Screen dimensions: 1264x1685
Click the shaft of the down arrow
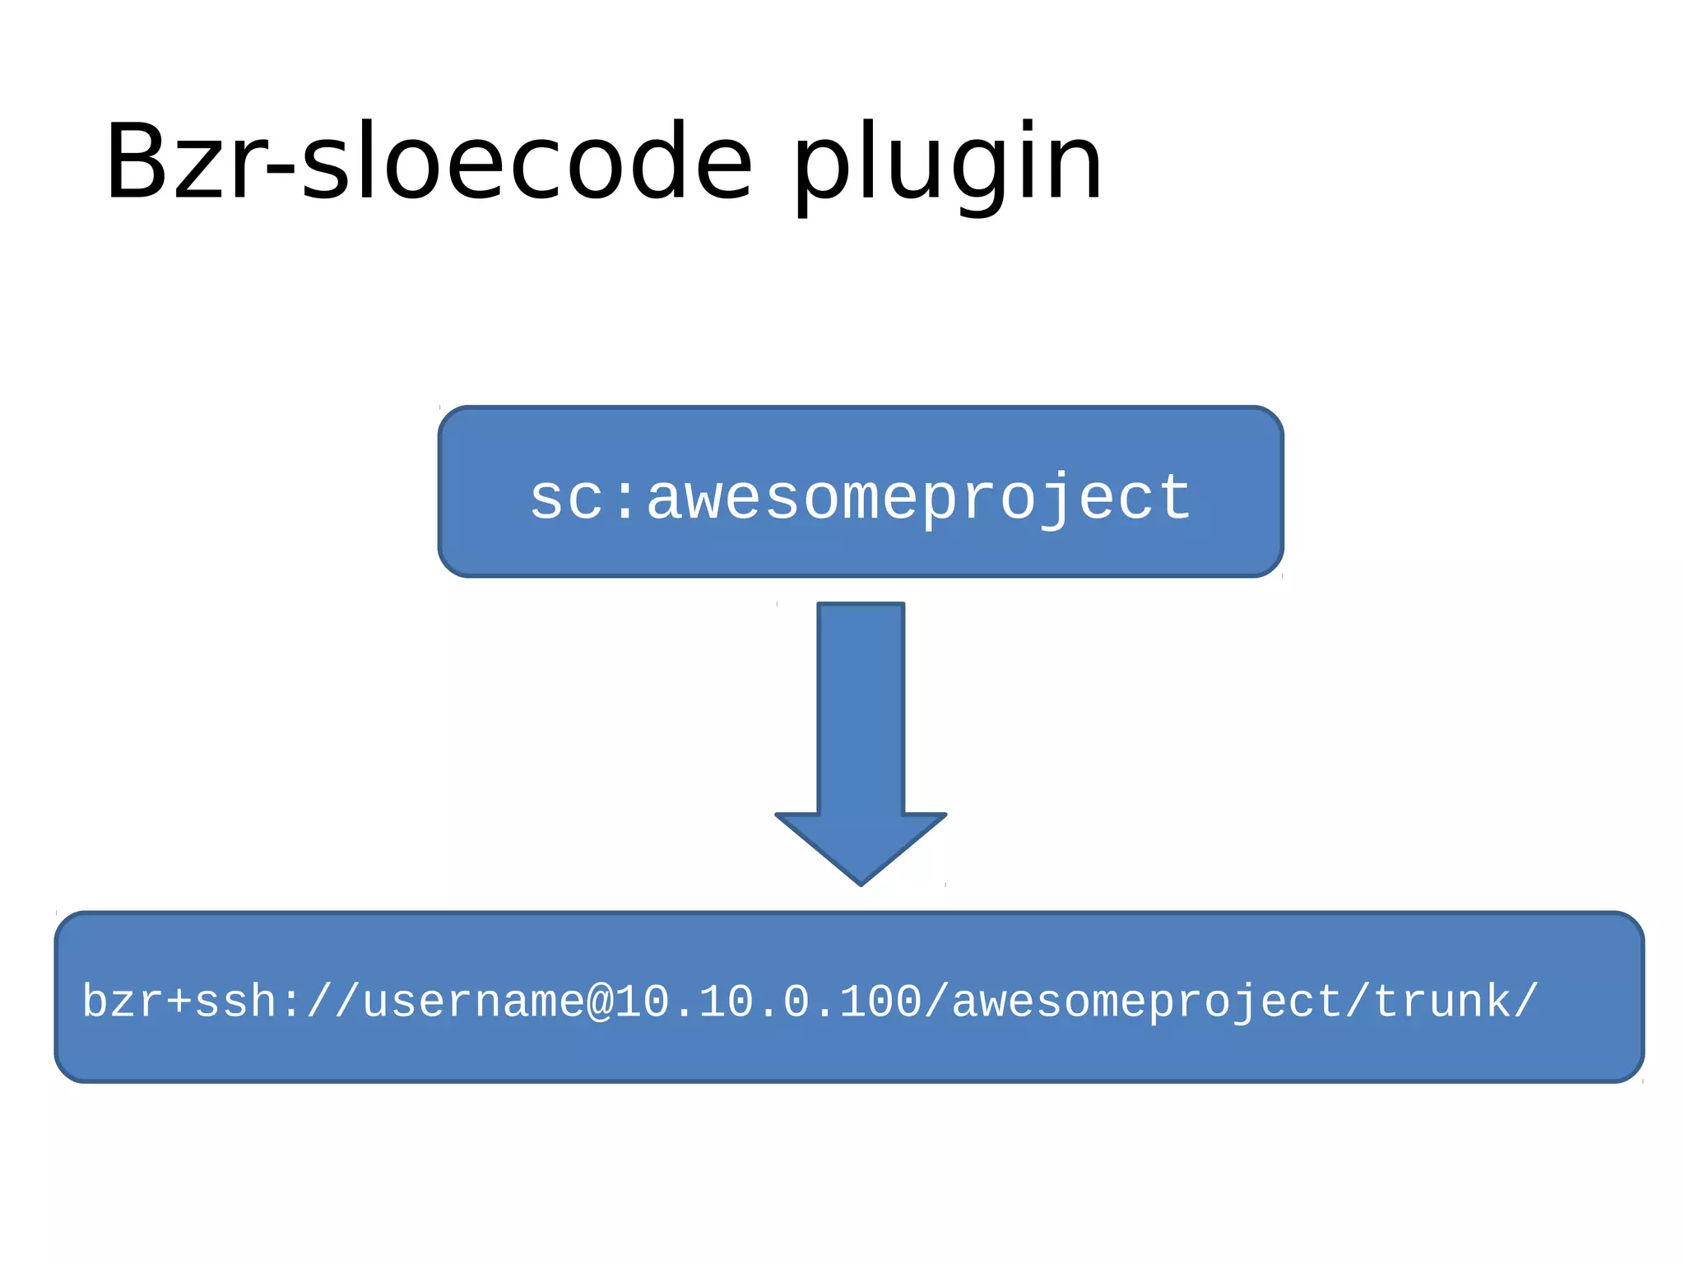861,708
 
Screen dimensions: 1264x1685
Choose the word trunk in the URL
1441,1001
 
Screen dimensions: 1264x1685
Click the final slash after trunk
1526,1001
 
